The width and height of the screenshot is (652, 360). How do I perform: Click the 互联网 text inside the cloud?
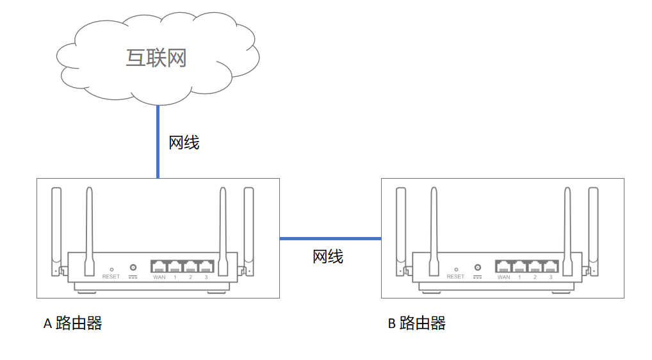[x=156, y=58]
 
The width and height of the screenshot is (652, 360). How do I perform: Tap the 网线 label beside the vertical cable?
[x=184, y=142]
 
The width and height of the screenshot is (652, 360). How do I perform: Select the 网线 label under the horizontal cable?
[x=328, y=256]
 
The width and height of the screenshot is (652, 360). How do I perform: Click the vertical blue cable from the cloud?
[x=158, y=141]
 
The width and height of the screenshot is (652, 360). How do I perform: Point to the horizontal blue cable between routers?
[x=330, y=238]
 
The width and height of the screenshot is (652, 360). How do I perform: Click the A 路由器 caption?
[x=72, y=323]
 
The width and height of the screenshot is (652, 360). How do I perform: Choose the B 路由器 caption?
[x=416, y=323]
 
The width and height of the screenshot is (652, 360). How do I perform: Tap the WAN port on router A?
[x=159, y=266]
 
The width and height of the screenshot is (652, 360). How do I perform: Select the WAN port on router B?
[x=504, y=266]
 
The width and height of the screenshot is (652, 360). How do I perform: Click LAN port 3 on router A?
[x=206, y=266]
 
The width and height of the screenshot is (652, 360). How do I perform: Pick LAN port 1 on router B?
[x=519, y=266]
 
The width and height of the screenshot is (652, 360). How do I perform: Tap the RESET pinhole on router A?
[x=111, y=269]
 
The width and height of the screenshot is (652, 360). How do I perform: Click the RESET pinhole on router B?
[x=456, y=269]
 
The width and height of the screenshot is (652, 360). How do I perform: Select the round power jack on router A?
[x=133, y=267]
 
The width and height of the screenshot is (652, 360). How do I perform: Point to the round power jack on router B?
[x=478, y=267]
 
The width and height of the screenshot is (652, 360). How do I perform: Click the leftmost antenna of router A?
[x=56, y=224]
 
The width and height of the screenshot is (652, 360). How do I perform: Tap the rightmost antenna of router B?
[x=593, y=224]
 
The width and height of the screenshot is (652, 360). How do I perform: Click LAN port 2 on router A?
[x=191, y=266]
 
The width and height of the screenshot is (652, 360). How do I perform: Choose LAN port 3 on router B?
[x=551, y=266]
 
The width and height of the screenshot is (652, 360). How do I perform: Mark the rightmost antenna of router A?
[x=249, y=224]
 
